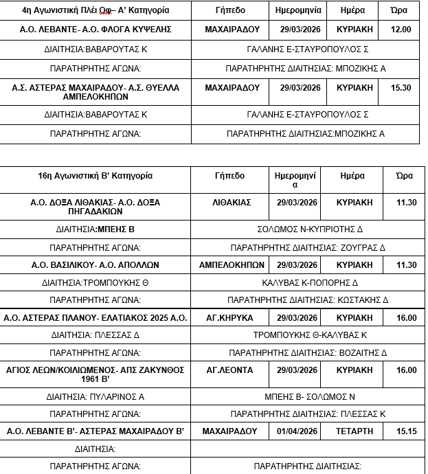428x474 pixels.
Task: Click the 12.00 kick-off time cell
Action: tap(400, 30)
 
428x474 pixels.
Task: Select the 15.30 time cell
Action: tap(400, 88)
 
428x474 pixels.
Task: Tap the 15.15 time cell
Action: tap(406, 431)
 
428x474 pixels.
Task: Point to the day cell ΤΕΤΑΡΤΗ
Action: tap(354, 431)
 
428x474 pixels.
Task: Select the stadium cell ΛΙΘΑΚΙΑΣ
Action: tap(232, 203)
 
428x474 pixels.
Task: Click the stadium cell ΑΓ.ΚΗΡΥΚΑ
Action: tap(229, 317)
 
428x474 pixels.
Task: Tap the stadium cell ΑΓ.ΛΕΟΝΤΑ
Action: tap(229, 370)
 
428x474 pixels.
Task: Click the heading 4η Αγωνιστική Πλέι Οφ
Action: tap(95, 11)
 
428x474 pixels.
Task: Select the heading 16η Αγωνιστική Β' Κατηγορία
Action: tap(95, 176)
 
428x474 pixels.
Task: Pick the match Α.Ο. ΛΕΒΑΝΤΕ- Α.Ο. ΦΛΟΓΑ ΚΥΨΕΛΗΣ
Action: tap(95, 30)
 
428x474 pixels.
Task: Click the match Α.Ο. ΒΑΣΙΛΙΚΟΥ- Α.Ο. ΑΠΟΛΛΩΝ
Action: tap(95, 264)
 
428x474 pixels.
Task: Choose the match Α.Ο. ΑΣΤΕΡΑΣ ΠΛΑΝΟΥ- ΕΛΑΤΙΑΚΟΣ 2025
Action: tap(95, 317)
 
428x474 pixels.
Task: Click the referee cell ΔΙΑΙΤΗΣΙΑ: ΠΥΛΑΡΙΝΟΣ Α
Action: tap(95, 396)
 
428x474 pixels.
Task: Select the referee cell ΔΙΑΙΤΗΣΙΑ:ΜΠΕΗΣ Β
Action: tap(95, 229)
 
